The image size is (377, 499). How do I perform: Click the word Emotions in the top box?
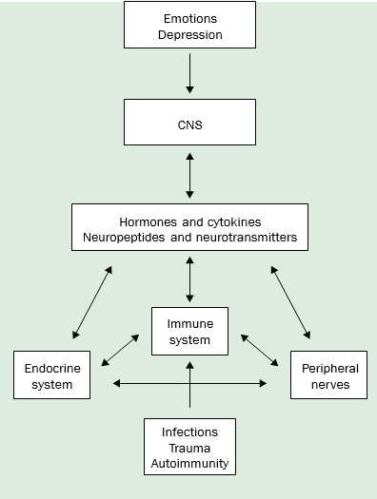pyautogui.click(x=189, y=18)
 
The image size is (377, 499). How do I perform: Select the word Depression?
pyautogui.click(x=189, y=34)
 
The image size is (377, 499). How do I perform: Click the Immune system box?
pyautogui.click(x=189, y=331)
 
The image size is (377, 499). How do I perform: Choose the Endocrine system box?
pyautogui.click(x=51, y=374)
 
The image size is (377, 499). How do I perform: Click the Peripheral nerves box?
pyautogui.click(x=328, y=374)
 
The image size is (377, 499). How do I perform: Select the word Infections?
pyautogui.click(x=189, y=432)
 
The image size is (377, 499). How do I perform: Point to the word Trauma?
pyautogui.click(x=189, y=448)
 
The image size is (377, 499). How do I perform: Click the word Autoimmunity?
pyautogui.click(x=189, y=464)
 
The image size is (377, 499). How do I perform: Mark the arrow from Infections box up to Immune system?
pyautogui.click(x=189, y=390)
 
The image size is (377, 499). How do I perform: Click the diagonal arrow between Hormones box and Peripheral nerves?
pyautogui.click(x=290, y=302)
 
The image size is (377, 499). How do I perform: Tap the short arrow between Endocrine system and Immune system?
pyautogui.click(x=119, y=348)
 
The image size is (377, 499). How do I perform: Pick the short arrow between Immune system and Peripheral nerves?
pyautogui.click(x=259, y=350)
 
